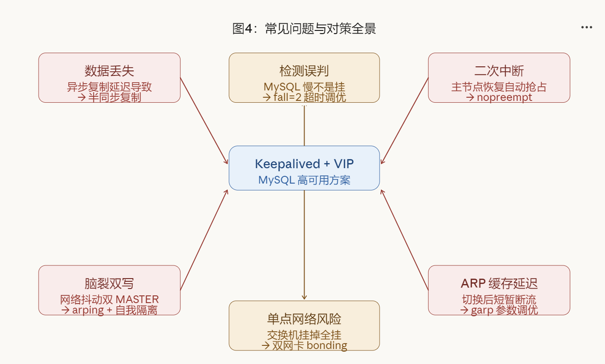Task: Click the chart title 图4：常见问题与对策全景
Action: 304,29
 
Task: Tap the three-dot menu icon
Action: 586,27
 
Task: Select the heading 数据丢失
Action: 109,71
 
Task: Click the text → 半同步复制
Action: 109,97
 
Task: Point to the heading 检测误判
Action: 304,71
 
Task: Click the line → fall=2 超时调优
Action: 304,97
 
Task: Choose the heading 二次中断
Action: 499,71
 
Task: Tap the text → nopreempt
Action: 499,97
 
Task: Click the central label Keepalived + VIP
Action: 304,164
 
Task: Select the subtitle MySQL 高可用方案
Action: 304,180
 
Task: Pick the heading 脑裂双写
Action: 109,284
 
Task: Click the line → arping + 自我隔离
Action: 109,310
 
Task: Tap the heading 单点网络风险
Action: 304,319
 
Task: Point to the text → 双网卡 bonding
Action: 304,345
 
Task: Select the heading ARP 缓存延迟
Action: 499,284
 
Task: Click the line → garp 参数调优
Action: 499,310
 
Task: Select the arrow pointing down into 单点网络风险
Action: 304,245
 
